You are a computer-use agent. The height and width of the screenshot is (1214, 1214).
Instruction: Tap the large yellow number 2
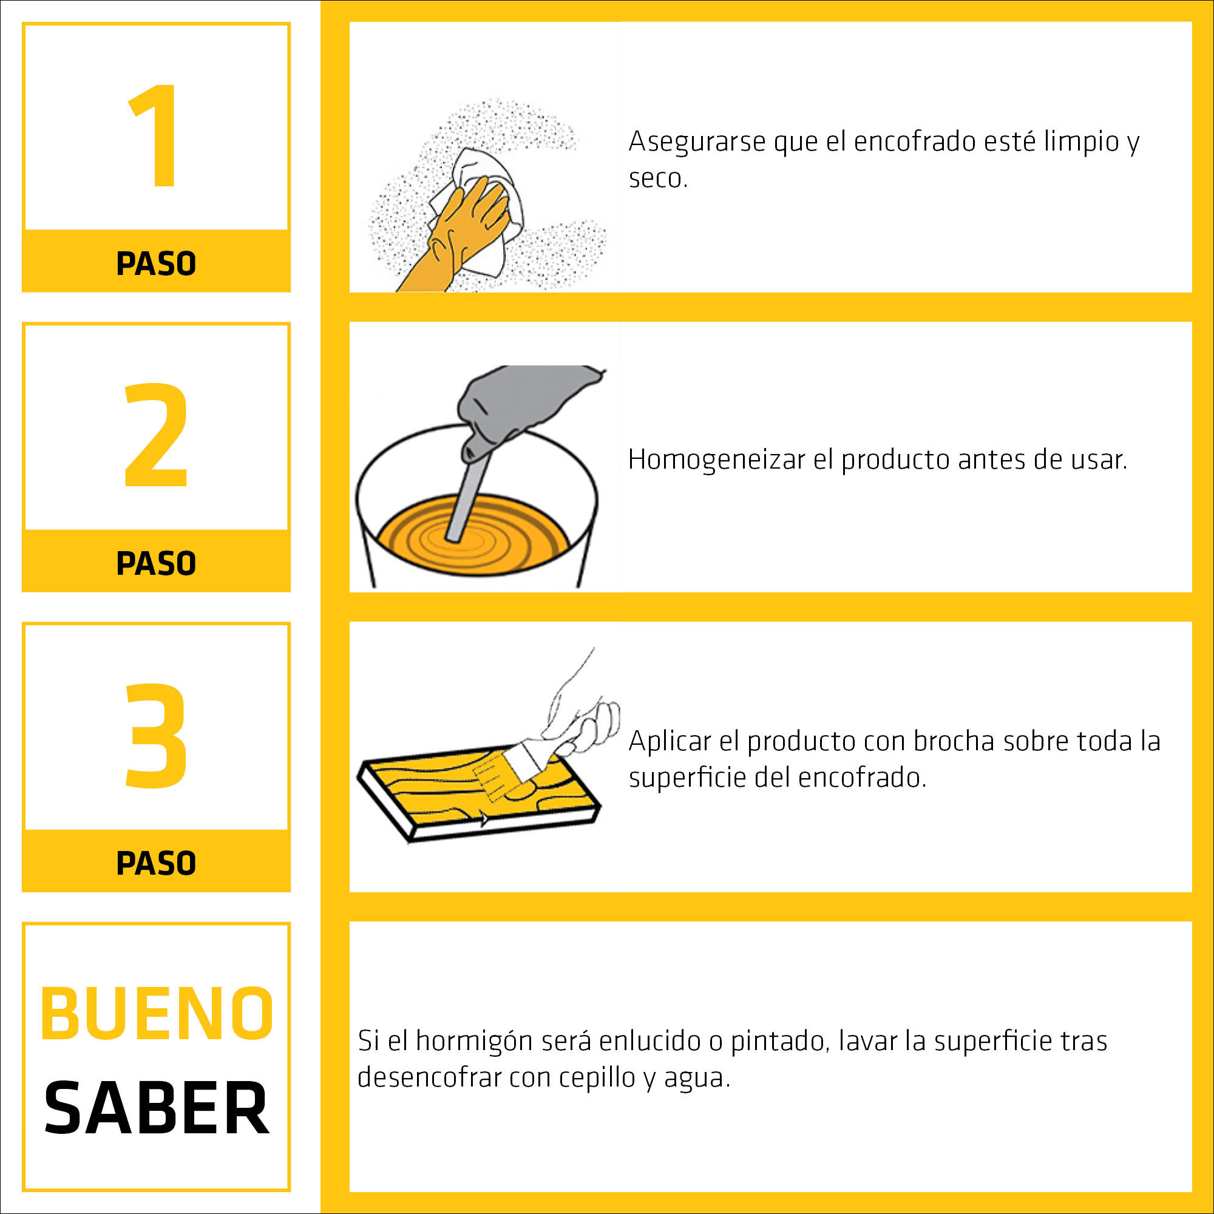click(x=157, y=435)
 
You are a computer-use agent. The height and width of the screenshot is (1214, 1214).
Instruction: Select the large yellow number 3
click(x=157, y=735)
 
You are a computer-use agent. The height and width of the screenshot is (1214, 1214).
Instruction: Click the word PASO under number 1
click(x=157, y=263)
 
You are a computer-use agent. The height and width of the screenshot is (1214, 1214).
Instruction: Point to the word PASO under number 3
click(x=157, y=863)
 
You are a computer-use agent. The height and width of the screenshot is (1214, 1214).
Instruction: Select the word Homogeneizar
click(x=716, y=461)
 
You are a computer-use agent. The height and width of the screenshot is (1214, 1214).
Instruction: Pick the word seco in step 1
click(x=658, y=178)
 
